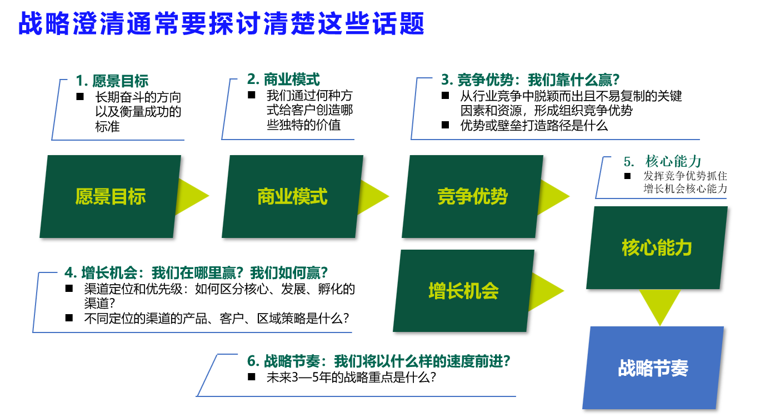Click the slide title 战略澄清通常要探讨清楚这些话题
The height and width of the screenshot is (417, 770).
[x=221, y=23]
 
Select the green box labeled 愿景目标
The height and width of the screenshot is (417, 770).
[x=111, y=196]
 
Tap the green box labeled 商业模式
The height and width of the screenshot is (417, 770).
[x=293, y=196]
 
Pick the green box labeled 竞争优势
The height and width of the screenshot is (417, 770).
[x=473, y=196]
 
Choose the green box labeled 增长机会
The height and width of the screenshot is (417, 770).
[x=464, y=291]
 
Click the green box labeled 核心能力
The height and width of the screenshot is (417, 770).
[x=657, y=248]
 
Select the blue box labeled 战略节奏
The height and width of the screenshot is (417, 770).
[x=653, y=368]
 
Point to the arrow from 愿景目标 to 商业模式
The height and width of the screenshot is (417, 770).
[x=192, y=196]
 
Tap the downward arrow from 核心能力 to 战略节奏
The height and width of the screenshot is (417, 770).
[x=660, y=306]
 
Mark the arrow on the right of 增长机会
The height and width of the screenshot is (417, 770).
[x=546, y=291]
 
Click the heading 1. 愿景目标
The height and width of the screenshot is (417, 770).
[x=112, y=81]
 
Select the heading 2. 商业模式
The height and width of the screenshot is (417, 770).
[x=283, y=80]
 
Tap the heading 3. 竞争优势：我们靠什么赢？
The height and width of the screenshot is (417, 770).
[x=531, y=80]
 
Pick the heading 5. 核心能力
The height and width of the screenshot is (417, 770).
[x=662, y=161]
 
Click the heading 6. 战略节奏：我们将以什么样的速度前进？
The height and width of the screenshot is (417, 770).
[x=378, y=361]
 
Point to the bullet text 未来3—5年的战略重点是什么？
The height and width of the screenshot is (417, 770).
[x=351, y=378]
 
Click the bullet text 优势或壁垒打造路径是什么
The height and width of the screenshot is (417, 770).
[x=534, y=126]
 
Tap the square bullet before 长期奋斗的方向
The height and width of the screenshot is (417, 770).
[x=80, y=97]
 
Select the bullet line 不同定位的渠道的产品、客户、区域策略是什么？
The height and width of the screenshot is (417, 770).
[x=217, y=319]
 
